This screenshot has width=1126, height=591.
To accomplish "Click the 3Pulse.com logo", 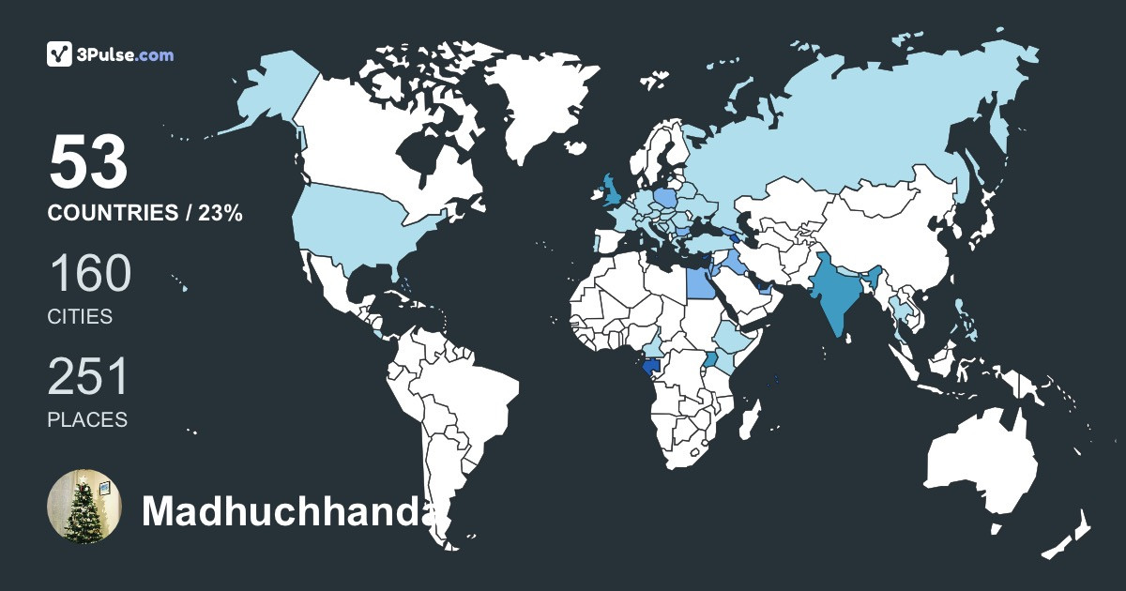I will (x=110, y=54).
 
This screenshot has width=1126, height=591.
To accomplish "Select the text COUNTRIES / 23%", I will (x=145, y=214).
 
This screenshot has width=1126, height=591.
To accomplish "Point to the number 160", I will (x=89, y=274).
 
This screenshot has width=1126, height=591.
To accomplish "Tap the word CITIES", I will (x=80, y=317).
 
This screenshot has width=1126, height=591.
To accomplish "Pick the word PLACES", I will (x=87, y=420).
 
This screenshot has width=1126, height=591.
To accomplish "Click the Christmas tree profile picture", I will (x=84, y=507).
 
